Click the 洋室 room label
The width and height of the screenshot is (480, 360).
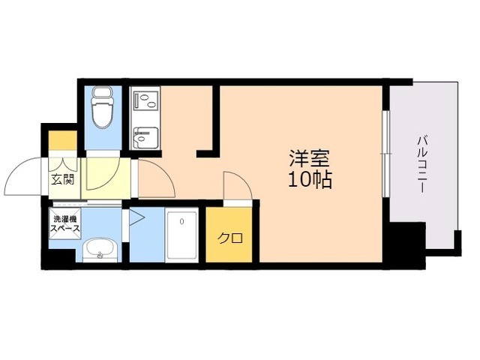coord(310,159)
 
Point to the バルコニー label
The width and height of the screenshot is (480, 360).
coord(423,165)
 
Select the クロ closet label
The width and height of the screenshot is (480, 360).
coord(230,238)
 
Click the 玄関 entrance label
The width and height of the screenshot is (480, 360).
coord(62,178)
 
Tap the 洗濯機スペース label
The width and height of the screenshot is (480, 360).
coord(65,223)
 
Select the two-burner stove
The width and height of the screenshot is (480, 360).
coord(145,101)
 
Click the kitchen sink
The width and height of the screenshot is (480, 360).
coord(145,137)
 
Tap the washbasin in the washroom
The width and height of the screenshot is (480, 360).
coord(100,249)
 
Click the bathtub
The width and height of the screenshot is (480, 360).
coord(181,235)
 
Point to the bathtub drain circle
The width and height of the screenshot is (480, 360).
coord(181,221)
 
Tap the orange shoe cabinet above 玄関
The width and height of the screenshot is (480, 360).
coord(63,141)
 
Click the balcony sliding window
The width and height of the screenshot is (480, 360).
coord(385,153)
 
